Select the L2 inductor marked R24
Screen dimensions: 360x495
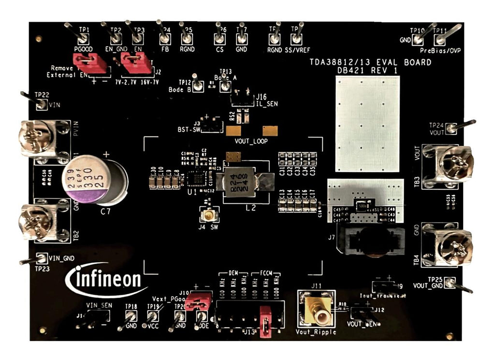[x=244, y=181]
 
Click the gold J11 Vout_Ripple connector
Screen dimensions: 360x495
[x=316, y=309]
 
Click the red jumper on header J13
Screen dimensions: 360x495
[x=265, y=320]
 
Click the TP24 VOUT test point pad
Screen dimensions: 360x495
[x=451, y=128]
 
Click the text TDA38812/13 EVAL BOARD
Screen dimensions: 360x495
[x=370, y=62]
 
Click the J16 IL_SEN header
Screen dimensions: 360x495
[x=241, y=99]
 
